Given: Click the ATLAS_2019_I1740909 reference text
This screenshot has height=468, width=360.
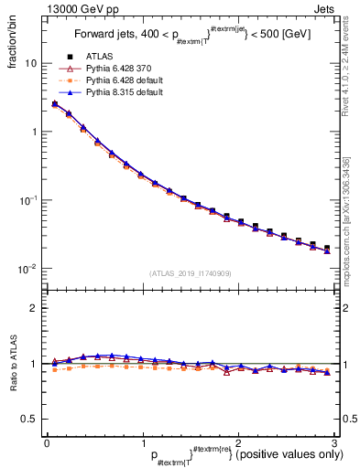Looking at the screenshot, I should (191, 273).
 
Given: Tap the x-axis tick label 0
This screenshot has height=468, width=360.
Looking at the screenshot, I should (47, 443).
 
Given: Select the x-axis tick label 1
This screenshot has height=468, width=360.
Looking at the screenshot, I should (142, 443).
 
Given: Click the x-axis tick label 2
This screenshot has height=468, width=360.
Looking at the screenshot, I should (238, 443).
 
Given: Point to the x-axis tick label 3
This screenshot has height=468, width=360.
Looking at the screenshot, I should (333, 443).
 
